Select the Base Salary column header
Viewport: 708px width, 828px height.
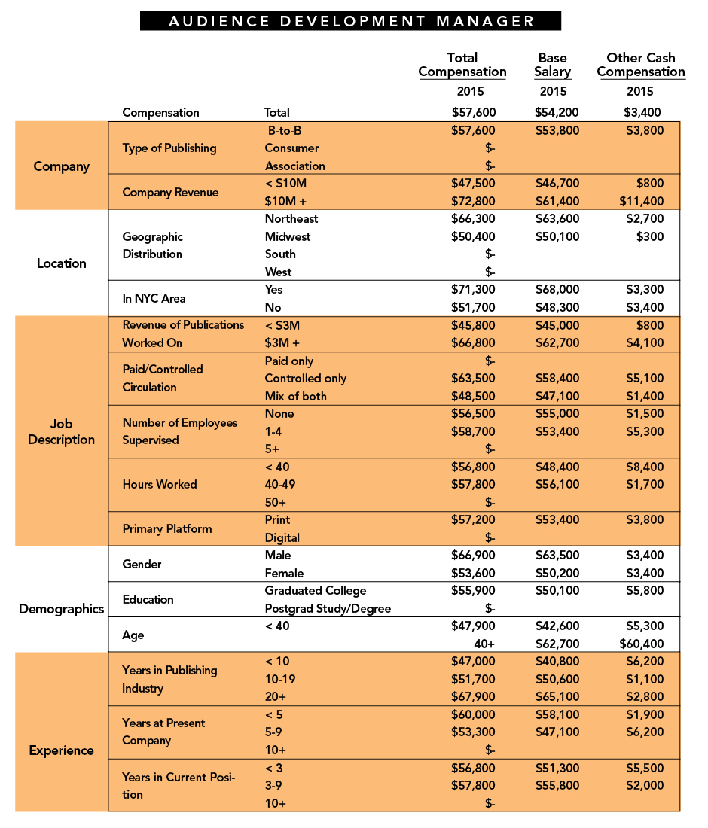pyautogui.click(x=554, y=65)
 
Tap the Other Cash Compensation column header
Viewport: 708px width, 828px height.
pyautogui.click(x=641, y=65)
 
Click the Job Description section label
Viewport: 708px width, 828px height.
pyautogui.click(x=62, y=431)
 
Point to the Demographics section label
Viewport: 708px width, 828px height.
pyautogui.click(x=62, y=609)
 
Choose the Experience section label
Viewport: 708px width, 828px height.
pyautogui.click(x=62, y=750)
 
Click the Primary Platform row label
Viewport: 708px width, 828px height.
pyautogui.click(x=167, y=528)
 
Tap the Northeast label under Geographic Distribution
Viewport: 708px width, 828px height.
pyautogui.click(x=291, y=219)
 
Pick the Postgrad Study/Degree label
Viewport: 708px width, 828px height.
pyautogui.click(x=328, y=608)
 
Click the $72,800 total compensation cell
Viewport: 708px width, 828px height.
pyautogui.click(x=473, y=201)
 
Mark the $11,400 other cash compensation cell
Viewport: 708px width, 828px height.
pyautogui.click(x=642, y=201)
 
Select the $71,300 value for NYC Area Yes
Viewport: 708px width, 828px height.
pyautogui.click(x=473, y=290)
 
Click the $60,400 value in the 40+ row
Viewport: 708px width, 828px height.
pyautogui.click(x=642, y=644)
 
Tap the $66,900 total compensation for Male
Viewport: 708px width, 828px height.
pyautogui.click(x=473, y=556)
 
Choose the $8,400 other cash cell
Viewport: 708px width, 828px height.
pyautogui.click(x=645, y=467)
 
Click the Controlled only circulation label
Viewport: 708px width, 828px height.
pyautogui.click(x=306, y=379)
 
